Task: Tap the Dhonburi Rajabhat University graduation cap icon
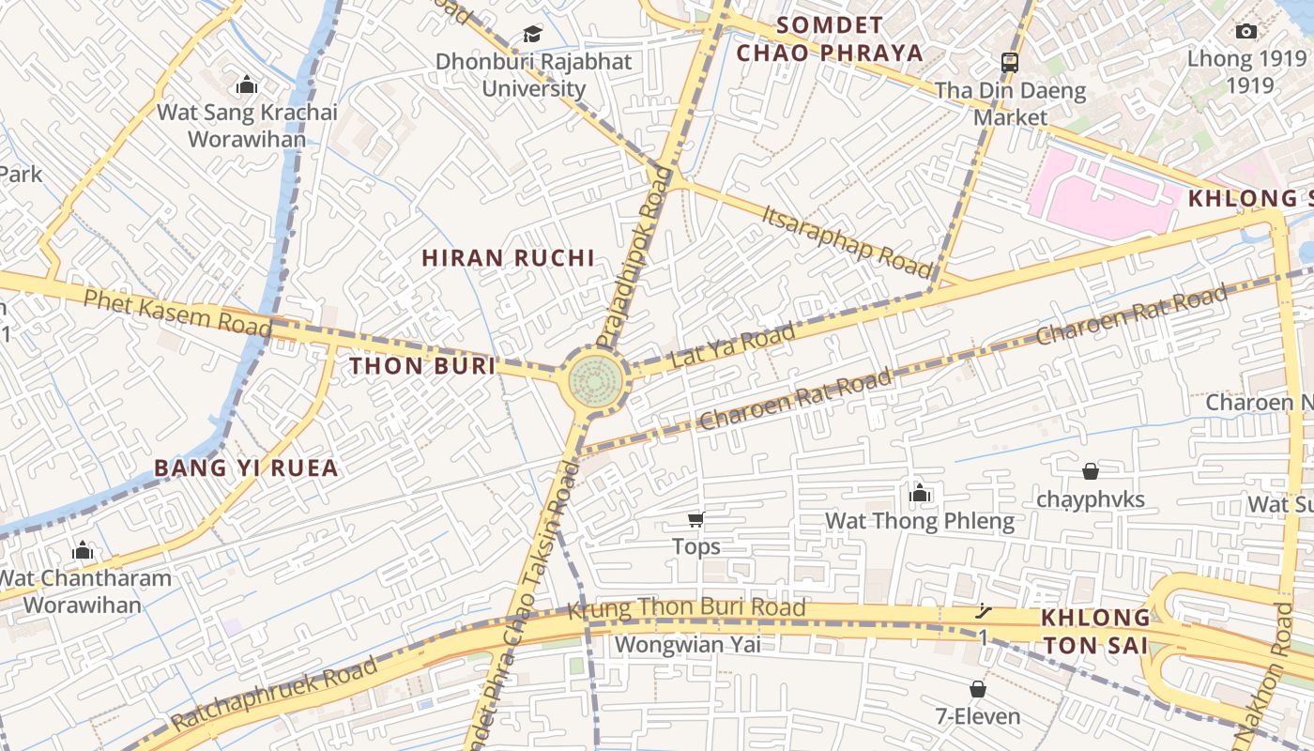(x=533, y=35)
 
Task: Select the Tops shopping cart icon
(x=695, y=520)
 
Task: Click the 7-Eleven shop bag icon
(x=977, y=690)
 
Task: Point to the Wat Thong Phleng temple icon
(x=920, y=493)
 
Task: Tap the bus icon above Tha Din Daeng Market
(x=1010, y=63)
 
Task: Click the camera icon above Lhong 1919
(x=1245, y=32)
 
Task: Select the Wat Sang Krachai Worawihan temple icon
(x=247, y=85)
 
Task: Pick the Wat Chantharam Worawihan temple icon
(x=83, y=550)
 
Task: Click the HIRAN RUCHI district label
(x=508, y=258)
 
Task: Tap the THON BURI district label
(x=422, y=366)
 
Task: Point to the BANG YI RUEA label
(x=246, y=467)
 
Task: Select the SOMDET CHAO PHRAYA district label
(x=831, y=39)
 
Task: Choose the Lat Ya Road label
(x=733, y=348)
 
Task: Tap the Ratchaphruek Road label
(x=275, y=695)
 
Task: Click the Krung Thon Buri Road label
(x=686, y=608)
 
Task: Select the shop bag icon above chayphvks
(x=1091, y=471)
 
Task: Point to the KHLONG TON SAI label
(x=1095, y=632)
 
